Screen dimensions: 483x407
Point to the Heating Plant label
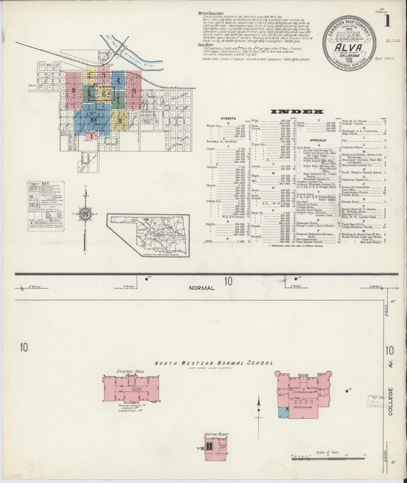216,435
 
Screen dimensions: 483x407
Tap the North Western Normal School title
214,363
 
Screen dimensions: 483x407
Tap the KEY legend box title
46,183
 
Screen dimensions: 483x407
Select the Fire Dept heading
206,45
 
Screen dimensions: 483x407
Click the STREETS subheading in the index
228,118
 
